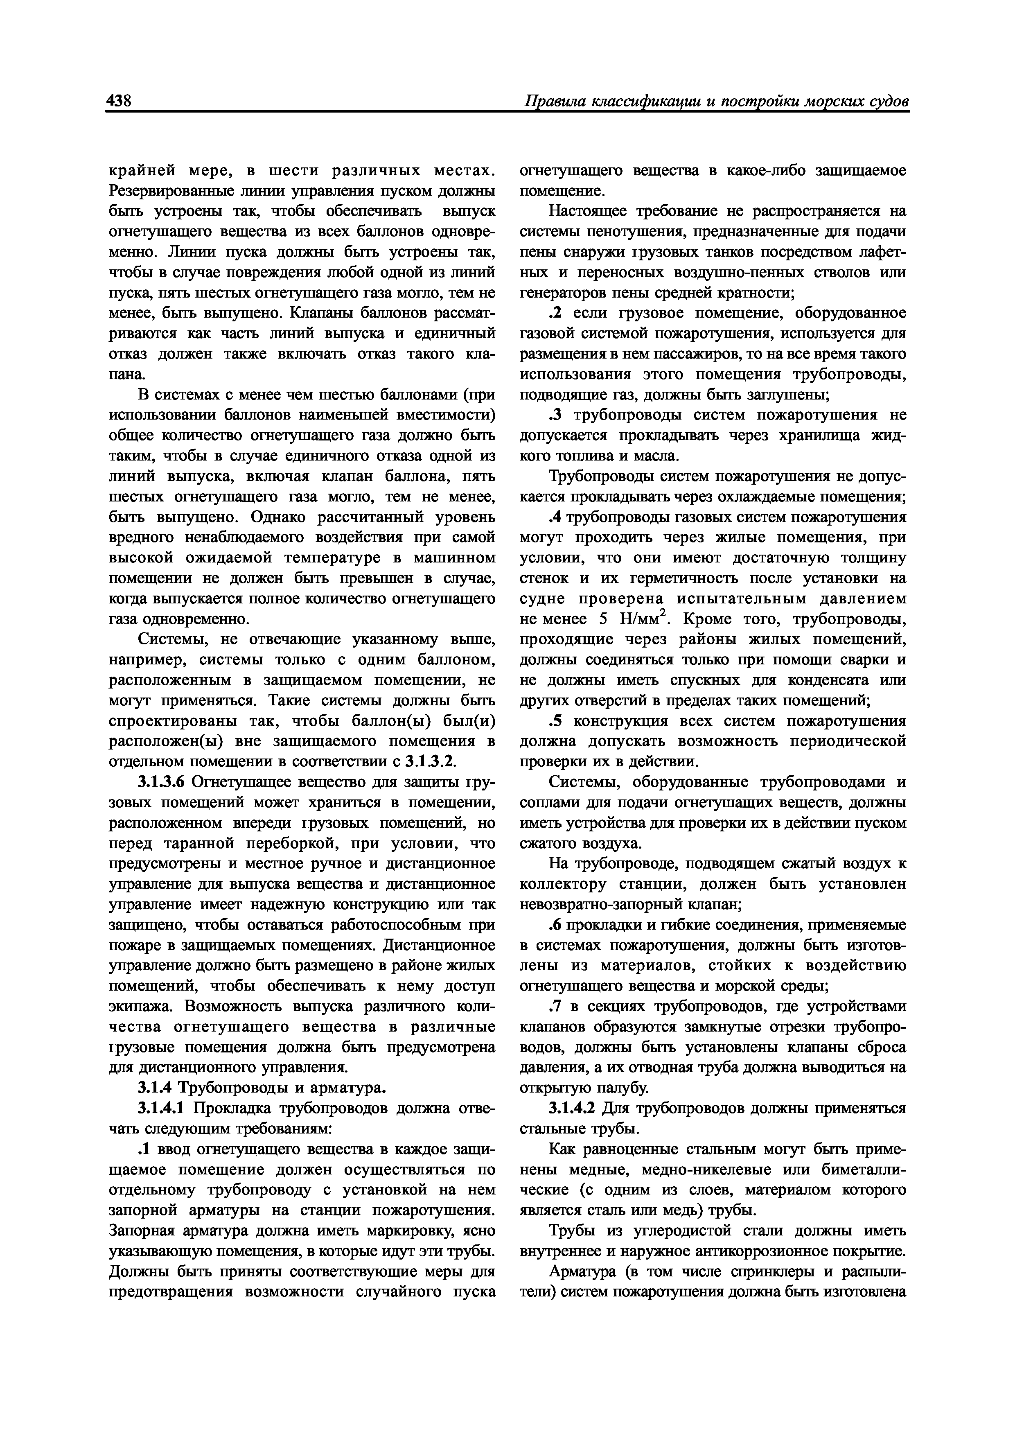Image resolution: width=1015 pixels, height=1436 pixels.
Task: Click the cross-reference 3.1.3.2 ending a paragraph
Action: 431,762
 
